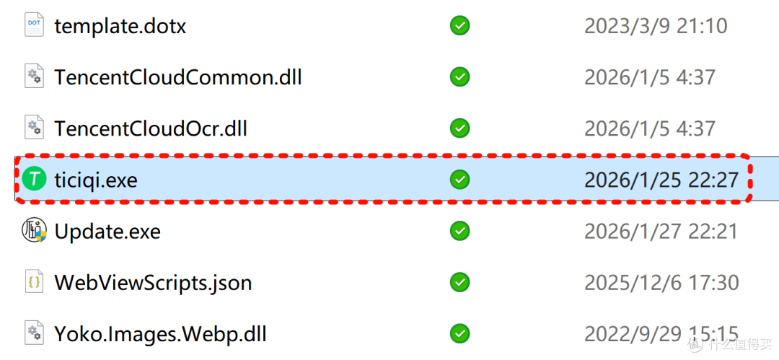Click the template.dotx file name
point(120,26)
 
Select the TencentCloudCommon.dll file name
point(178,78)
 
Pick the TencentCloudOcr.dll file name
point(151,129)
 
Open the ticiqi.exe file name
point(95,180)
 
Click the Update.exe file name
point(107,231)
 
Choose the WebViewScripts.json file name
point(153,283)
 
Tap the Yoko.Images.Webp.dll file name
point(160,334)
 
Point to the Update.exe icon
point(34,231)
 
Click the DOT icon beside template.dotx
point(34,25)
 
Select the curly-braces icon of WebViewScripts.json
point(34,282)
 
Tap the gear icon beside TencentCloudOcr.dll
point(34,128)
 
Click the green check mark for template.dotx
point(460,26)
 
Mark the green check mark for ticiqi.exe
point(460,180)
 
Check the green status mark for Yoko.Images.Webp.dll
point(460,334)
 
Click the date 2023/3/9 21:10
point(656,26)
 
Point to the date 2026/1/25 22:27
point(661,180)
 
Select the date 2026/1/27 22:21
point(661,232)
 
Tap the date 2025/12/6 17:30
point(661,283)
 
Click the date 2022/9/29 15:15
point(661,334)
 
